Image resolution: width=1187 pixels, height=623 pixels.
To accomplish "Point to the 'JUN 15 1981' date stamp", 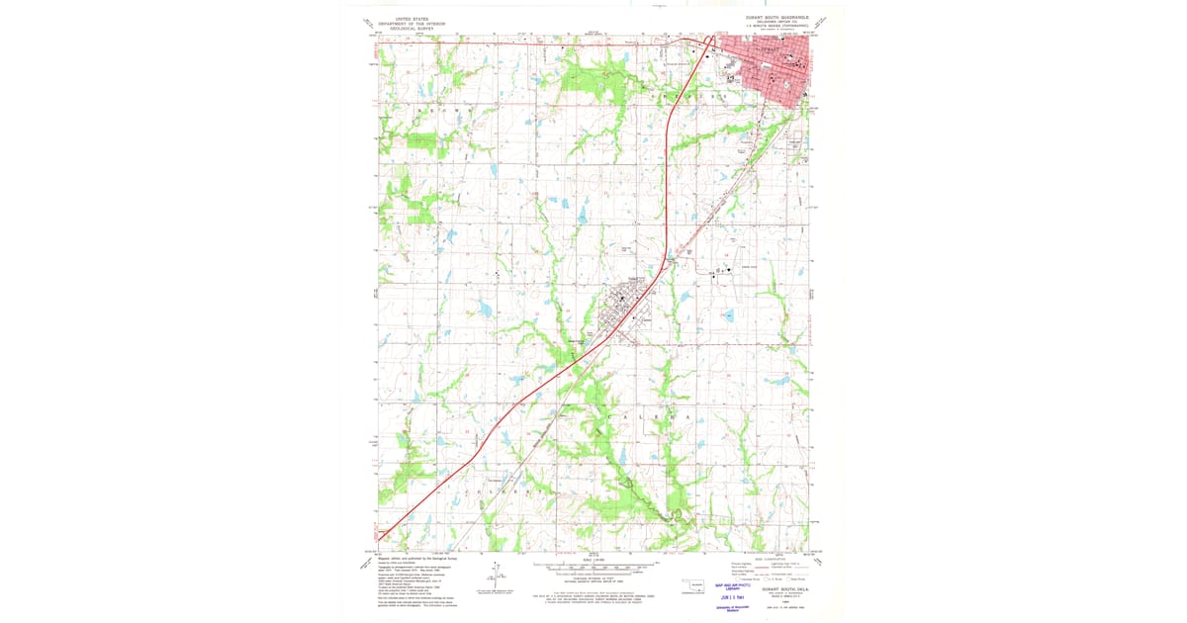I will click(x=733, y=597).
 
